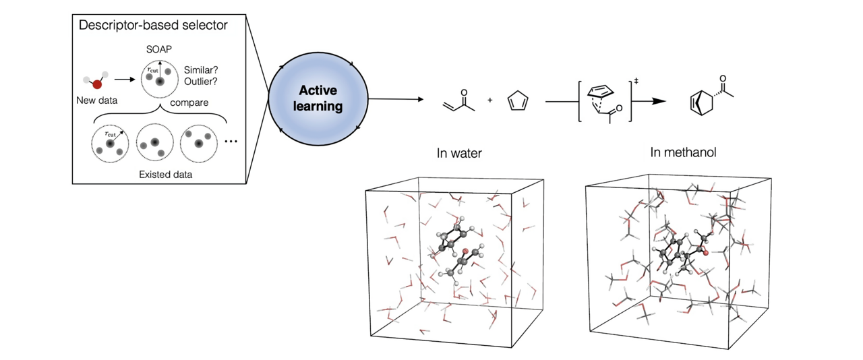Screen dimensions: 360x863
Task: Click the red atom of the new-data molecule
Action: pos(98,84)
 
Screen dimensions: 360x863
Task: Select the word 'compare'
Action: pos(189,102)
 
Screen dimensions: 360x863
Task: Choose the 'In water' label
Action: pos(460,154)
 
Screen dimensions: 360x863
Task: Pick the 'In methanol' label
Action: pos(682,153)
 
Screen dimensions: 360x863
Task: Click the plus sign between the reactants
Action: pos(489,100)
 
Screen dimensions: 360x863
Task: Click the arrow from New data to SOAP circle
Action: pos(125,79)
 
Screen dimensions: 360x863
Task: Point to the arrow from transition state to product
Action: pos(651,100)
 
